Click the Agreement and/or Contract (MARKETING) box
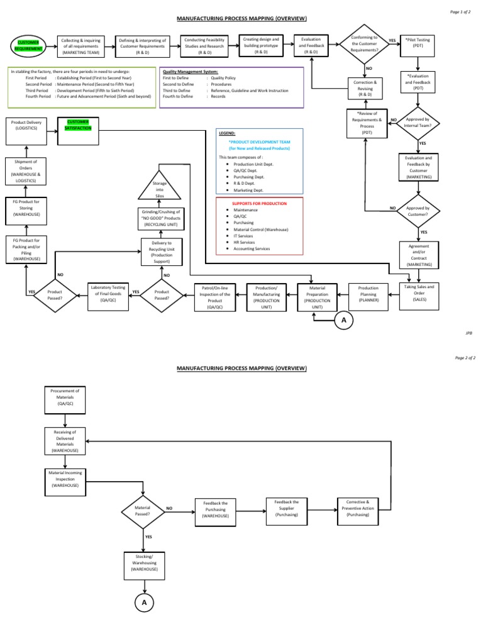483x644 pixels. pos(418,254)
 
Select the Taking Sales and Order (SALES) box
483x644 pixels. pos(418,294)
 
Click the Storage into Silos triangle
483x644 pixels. pos(158,187)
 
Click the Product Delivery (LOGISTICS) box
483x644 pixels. pos(26,125)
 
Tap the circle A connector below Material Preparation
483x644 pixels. pos(343,321)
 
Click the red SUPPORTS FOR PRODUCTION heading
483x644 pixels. pos(260,204)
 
